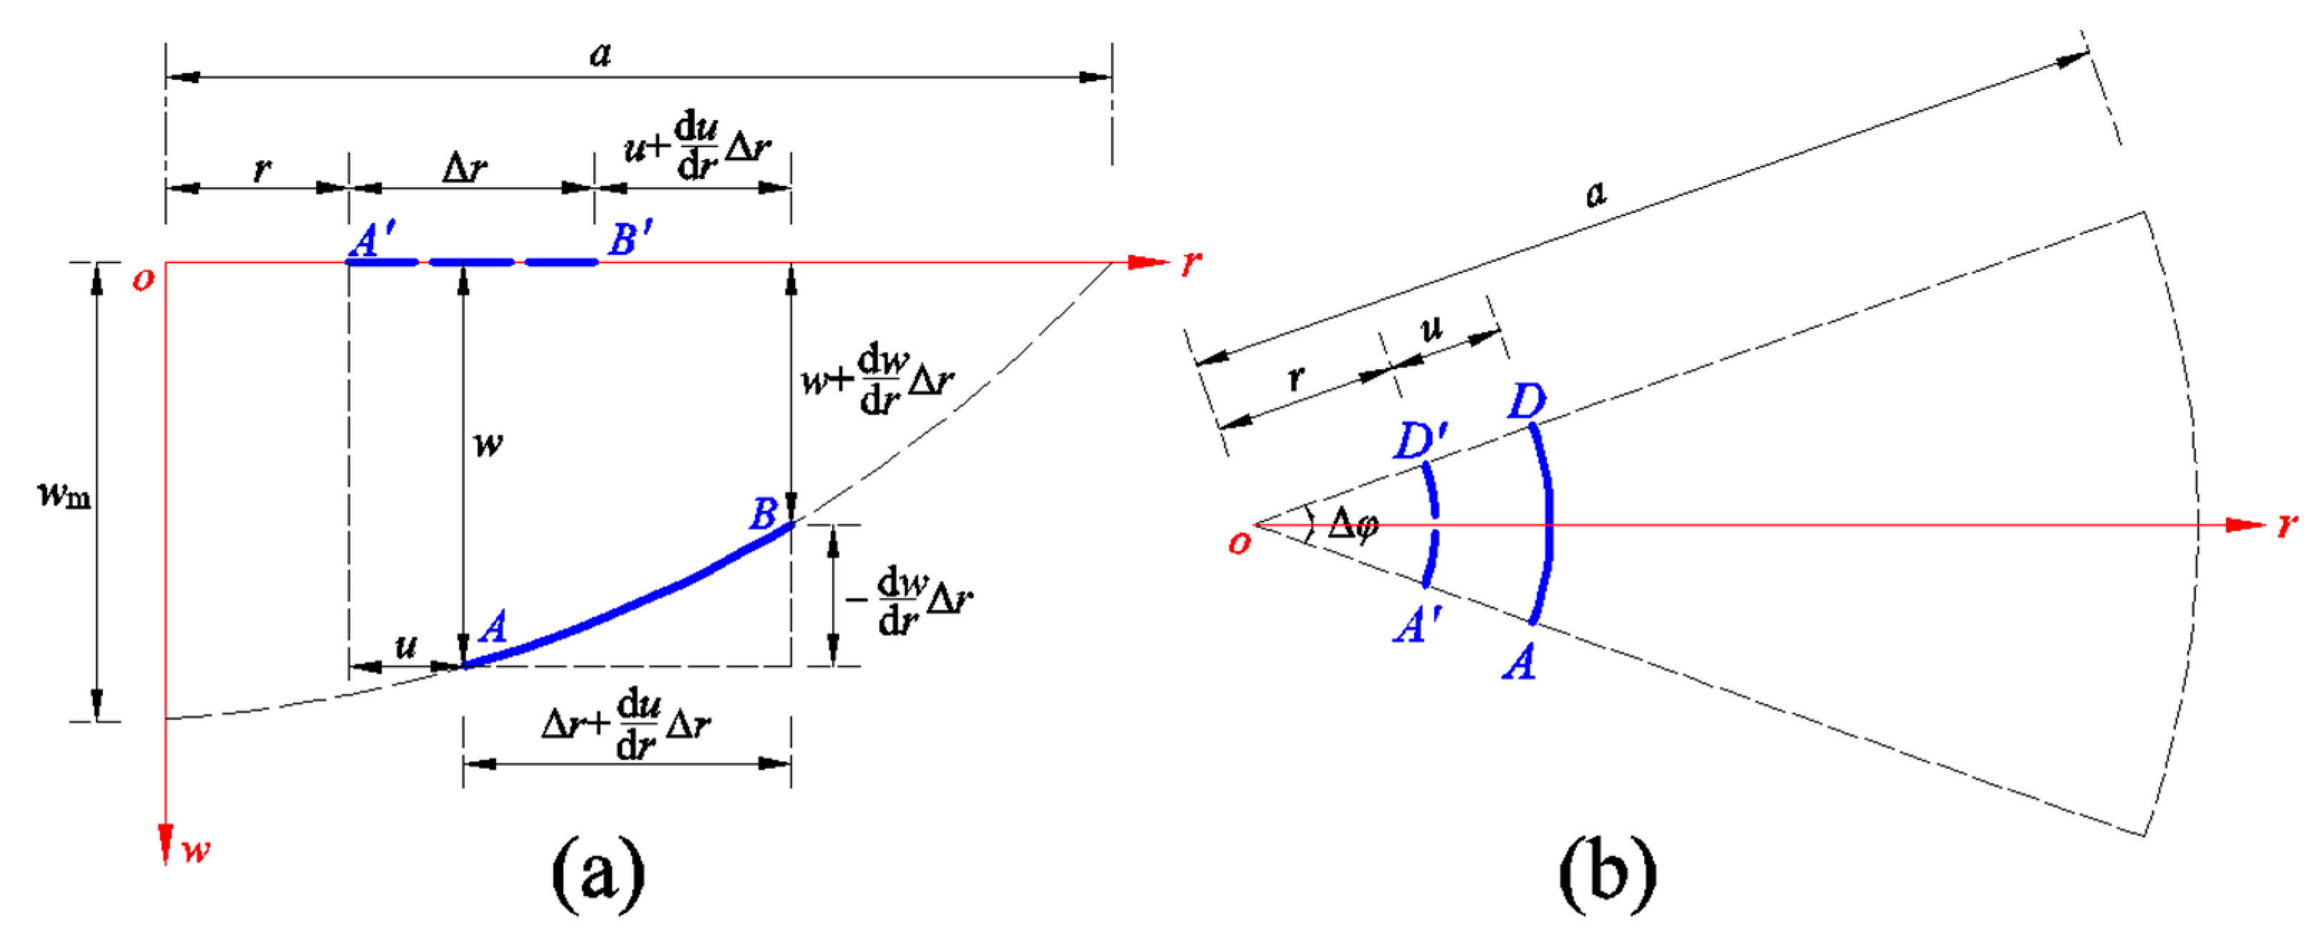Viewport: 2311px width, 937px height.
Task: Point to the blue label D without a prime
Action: point(1526,401)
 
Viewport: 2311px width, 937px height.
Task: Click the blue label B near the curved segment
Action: point(763,515)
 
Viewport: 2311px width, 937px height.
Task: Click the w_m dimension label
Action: point(64,494)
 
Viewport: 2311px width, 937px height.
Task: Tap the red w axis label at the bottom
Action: point(197,850)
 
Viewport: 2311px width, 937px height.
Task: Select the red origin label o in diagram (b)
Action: point(1239,542)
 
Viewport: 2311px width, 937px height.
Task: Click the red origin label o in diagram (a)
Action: point(143,279)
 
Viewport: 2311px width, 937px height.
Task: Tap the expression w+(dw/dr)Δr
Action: point(877,381)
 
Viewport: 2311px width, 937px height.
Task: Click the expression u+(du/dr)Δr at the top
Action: point(697,147)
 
